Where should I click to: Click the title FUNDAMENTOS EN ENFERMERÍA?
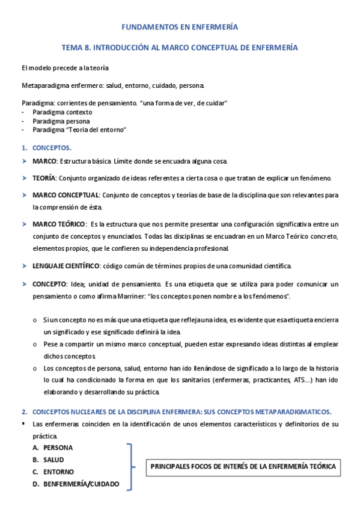(180, 27)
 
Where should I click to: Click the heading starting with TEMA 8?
(180, 47)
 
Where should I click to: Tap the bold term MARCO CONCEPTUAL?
(66, 195)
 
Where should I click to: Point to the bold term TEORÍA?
(44, 178)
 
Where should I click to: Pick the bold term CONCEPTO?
(50, 284)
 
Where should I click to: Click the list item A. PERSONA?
(58, 447)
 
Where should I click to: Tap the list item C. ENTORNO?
(58, 472)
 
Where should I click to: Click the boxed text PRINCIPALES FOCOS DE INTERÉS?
(242, 466)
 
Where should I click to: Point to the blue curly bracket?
(130, 466)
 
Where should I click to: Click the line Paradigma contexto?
(63, 112)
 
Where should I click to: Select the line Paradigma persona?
(61, 121)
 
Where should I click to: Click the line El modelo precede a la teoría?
(65, 68)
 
